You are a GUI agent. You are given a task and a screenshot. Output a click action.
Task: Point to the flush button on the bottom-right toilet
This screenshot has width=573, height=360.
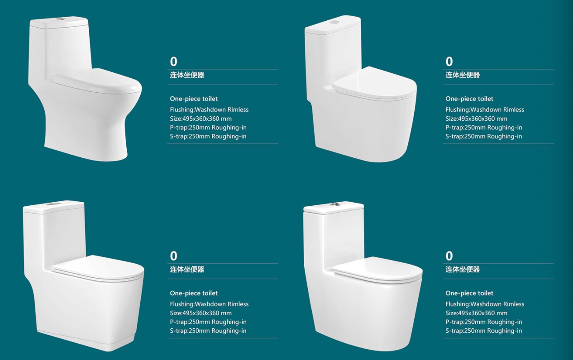coord(335,204)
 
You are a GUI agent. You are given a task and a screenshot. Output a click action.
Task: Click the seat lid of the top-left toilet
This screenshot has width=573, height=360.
coord(99,80)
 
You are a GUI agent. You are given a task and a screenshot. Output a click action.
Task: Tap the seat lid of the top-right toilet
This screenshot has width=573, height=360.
coord(374,83)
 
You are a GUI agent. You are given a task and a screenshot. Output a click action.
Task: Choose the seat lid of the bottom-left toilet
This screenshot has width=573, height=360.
coord(98,267)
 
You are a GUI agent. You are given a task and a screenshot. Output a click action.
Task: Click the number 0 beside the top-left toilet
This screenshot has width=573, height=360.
coord(173,62)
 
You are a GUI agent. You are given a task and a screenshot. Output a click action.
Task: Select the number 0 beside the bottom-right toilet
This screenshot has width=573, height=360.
coord(449,256)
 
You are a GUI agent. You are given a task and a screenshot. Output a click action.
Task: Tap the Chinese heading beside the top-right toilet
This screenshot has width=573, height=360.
coord(463,75)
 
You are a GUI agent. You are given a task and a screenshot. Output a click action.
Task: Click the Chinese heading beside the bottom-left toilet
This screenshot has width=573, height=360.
coord(187,269)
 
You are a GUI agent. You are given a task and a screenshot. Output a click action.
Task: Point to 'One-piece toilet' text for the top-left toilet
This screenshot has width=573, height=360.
coord(194,99)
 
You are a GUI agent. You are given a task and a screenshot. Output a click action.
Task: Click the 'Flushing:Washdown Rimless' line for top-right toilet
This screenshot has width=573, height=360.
coord(485,110)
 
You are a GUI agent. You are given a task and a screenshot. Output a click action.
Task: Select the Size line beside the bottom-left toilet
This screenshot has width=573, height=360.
coord(201,313)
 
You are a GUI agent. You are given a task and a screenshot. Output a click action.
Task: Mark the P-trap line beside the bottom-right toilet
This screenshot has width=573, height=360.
coord(484,322)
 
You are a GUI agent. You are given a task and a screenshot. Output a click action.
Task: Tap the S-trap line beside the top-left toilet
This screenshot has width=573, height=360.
coord(208,136)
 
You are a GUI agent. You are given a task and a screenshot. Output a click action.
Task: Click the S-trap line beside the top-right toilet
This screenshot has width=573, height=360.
coord(484,136)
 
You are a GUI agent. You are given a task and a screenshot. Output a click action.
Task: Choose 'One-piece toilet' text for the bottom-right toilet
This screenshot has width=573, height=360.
coord(469,293)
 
